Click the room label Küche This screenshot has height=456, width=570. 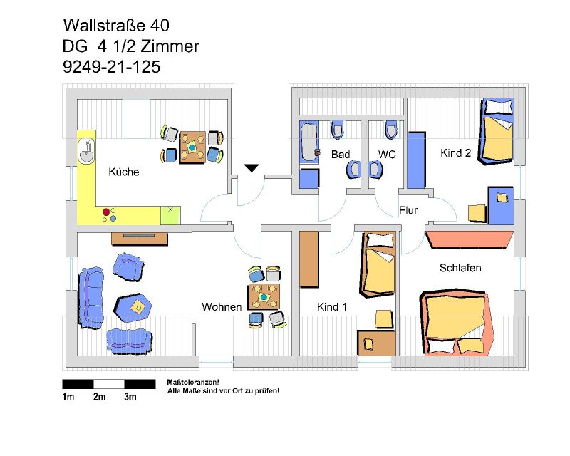pyautogui.click(x=123, y=172)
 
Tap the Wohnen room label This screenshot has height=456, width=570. pyautogui.click(x=222, y=307)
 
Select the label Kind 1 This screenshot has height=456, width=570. pyautogui.click(x=332, y=307)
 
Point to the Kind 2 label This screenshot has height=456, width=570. pyautogui.click(x=455, y=153)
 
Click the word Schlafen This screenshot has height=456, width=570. pyautogui.click(x=460, y=268)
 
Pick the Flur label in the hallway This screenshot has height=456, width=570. pyautogui.click(x=408, y=210)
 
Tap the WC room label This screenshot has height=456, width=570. pyautogui.click(x=387, y=155)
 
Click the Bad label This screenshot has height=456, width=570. pyautogui.click(x=341, y=155)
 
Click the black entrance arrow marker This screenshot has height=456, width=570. pyautogui.click(x=252, y=167)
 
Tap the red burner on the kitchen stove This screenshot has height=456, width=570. pyautogui.click(x=106, y=212)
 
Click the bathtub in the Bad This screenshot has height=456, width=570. pyautogui.click(x=309, y=142)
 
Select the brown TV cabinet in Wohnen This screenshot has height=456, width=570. pyautogui.click(x=140, y=239)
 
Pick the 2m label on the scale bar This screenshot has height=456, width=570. pyautogui.click(x=99, y=397)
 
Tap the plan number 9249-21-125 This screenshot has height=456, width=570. pyautogui.click(x=112, y=67)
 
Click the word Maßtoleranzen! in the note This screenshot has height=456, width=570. pyautogui.click(x=193, y=382)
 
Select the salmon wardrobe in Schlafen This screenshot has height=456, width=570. pyautogui.click(x=470, y=239)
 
